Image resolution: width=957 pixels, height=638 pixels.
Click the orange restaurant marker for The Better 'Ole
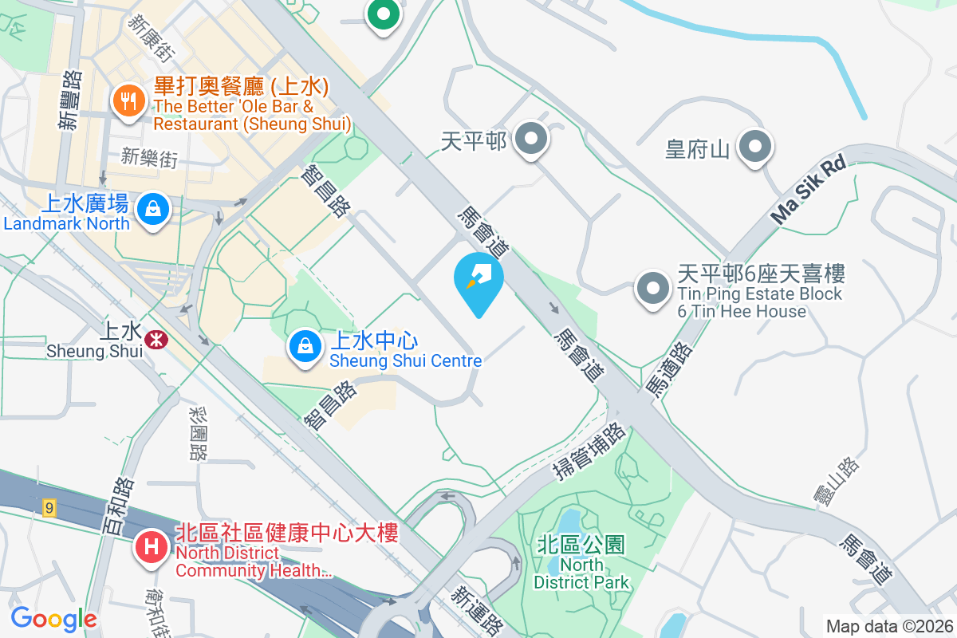(x=127, y=100)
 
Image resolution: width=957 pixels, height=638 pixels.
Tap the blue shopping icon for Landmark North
(x=151, y=210)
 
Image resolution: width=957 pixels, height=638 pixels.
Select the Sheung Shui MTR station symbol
(x=156, y=340)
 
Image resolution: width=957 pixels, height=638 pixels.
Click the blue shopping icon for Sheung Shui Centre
(x=304, y=346)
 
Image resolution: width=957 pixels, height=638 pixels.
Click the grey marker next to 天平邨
(x=530, y=140)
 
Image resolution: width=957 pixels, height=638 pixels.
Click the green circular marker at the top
(x=384, y=14)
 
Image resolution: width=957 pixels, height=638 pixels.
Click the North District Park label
(x=581, y=563)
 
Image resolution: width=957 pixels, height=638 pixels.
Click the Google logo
(x=53, y=619)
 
